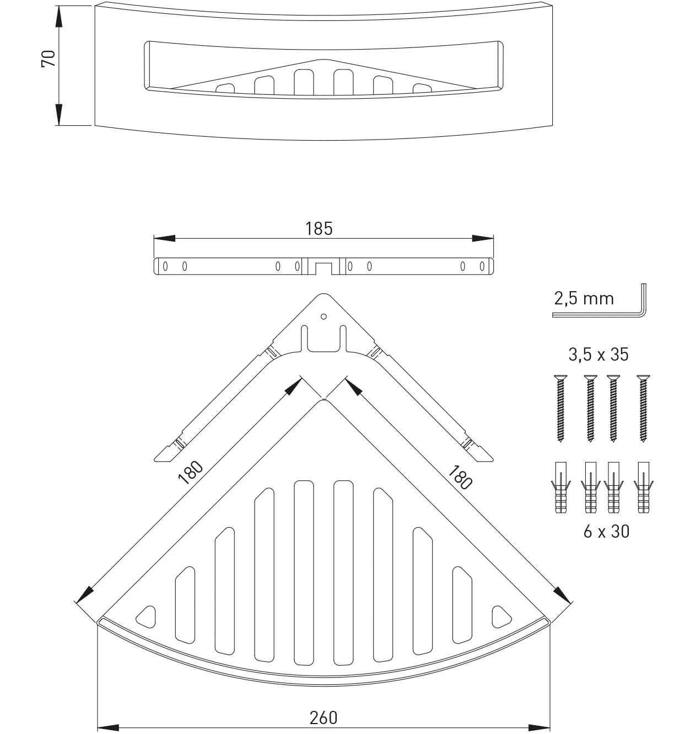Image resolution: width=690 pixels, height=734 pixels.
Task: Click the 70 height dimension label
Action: pos(48,58)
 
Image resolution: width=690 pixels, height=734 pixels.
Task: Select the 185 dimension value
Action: pos(319,228)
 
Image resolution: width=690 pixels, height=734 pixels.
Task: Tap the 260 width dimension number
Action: pos(323,717)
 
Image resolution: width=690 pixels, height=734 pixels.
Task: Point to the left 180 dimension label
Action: pos(191,473)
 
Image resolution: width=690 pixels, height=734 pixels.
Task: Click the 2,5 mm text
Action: pos(584,298)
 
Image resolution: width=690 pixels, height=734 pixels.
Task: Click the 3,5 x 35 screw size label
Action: pos(599,354)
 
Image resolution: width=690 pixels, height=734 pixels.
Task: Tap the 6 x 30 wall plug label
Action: pos(606,532)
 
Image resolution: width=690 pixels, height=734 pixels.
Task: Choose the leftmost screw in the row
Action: pos(560,408)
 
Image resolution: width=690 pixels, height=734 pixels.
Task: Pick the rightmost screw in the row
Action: pos(642,408)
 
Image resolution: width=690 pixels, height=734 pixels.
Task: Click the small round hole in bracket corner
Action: pos(324,317)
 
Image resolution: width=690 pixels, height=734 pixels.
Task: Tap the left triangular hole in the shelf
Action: pos(147,616)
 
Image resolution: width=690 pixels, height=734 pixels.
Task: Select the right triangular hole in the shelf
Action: pos(500,616)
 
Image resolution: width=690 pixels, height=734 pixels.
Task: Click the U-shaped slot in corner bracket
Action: pos(324,340)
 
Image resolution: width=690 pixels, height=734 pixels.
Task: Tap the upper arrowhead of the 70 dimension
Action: pos(58,17)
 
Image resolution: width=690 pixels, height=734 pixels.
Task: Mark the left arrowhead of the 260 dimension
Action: pos(108,727)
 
